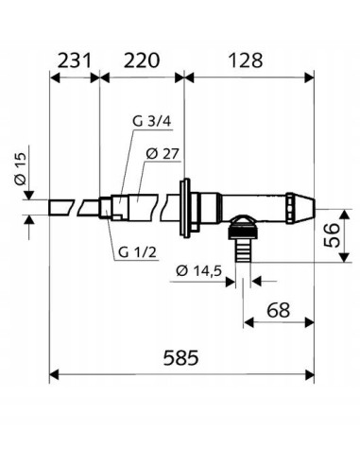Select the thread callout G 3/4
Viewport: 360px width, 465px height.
(x=146, y=122)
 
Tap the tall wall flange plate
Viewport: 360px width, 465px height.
(x=186, y=204)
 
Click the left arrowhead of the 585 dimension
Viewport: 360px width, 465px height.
(x=56, y=372)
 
